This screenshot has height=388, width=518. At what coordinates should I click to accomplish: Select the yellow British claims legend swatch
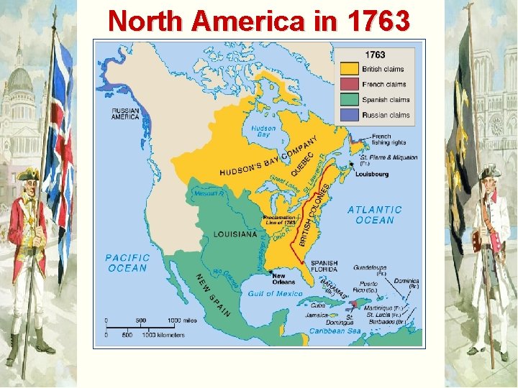click(x=350, y=70)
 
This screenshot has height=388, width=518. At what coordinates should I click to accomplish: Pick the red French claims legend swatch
click(x=350, y=85)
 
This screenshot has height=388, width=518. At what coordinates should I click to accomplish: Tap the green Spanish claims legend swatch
click(x=350, y=100)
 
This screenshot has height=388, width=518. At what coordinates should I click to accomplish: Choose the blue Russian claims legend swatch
click(x=350, y=115)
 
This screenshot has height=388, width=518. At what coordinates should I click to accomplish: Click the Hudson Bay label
click(x=263, y=131)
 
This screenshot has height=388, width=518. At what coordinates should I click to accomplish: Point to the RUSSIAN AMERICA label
click(x=125, y=114)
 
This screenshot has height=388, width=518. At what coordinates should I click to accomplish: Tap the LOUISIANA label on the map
click(x=235, y=234)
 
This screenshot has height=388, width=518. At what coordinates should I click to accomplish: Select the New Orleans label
click(x=283, y=280)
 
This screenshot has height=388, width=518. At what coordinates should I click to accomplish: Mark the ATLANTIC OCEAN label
click(x=375, y=215)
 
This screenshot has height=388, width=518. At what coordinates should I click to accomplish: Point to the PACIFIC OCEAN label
click(x=127, y=262)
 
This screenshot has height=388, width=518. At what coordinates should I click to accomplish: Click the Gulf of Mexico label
click(x=274, y=294)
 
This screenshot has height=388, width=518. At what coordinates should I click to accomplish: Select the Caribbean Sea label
click(x=335, y=331)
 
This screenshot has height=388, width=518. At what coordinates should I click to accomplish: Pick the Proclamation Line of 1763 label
click(x=279, y=220)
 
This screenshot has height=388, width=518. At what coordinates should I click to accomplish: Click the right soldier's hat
click(x=489, y=171)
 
